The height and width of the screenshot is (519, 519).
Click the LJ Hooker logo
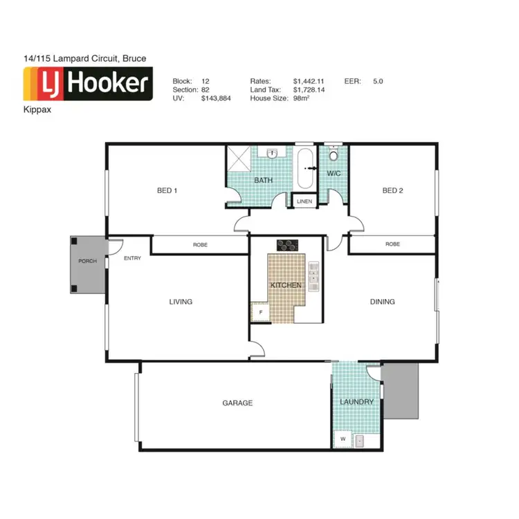[x=88, y=84]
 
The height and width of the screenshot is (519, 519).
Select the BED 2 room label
[x=392, y=190]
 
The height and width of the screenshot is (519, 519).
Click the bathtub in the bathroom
[x=304, y=168]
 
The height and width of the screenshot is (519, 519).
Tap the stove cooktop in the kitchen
[x=286, y=245]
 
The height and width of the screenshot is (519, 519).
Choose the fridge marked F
[x=260, y=313]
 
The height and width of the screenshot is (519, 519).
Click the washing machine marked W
[x=342, y=439]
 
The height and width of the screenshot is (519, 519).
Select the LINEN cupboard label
[x=304, y=201]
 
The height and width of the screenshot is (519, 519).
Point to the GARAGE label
[x=237, y=403]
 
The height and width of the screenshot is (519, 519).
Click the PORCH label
[x=87, y=261]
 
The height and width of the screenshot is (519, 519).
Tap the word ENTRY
[x=132, y=258]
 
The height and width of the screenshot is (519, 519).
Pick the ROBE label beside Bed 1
[x=200, y=245]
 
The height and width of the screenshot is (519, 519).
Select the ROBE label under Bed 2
[x=392, y=244]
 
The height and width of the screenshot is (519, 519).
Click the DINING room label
[x=382, y=302]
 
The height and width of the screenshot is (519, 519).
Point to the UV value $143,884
[x=216, y=99]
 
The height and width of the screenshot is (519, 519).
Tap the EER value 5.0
[x=378, y=81]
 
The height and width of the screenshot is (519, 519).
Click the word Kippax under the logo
[x=36, y=110]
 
